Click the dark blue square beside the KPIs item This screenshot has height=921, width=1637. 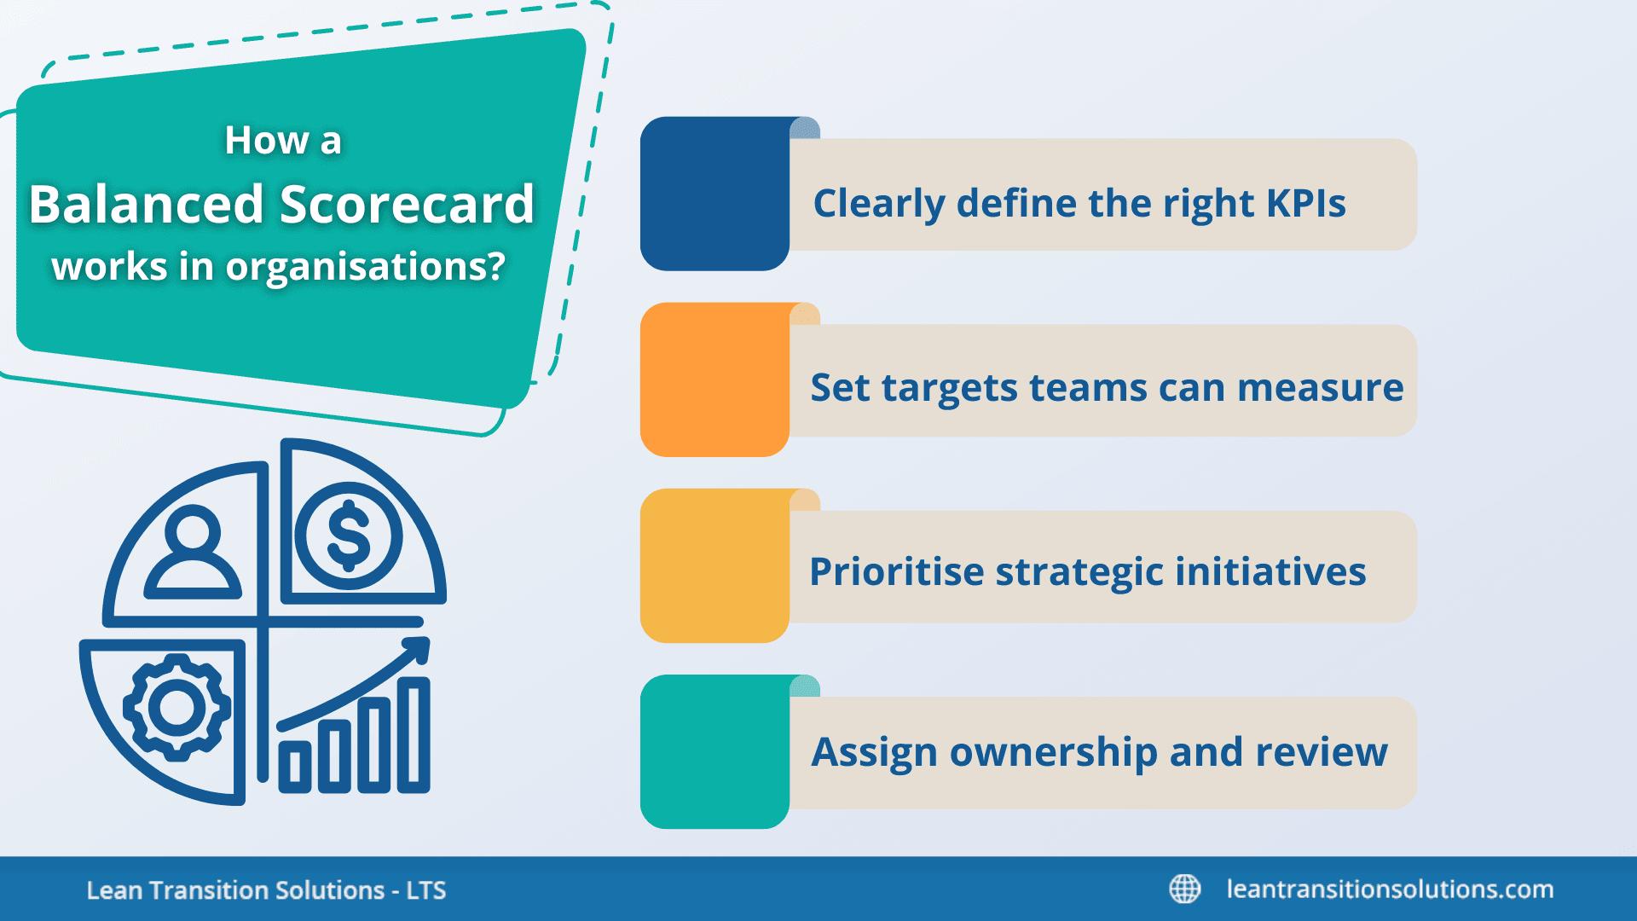tap(714, 194)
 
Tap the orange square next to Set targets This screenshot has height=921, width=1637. tap(714, 379)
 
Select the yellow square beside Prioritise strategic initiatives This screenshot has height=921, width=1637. tap(714, 565)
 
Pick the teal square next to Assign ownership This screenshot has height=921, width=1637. tap(714, 751)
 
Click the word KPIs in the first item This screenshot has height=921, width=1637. tap(1305, 203)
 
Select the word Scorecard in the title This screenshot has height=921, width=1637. tap(407, 205)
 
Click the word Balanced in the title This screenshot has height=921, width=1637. tap(147, 205)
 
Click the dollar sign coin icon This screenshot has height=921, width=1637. tap(349, 536)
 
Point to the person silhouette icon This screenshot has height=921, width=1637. tap(193, 551)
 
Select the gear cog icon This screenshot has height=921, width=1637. tap(176, 707)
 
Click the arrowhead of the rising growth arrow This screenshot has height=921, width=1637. tap(417, 650)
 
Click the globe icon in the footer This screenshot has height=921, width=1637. tap(1184, 889)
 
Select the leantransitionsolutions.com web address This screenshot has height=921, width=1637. tap(1390, 889)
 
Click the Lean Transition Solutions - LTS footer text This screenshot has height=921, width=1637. tap(266, 890)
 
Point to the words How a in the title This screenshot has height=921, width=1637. tap(282, 141)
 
